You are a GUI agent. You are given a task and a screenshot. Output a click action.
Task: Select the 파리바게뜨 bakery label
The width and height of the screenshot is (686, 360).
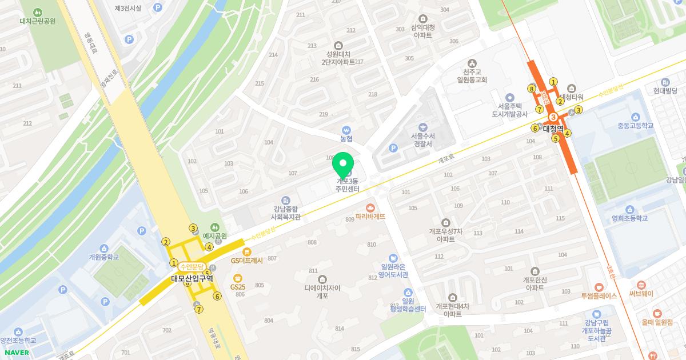[370, 217]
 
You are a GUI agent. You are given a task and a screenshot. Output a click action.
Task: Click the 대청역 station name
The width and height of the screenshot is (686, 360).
[553, 128]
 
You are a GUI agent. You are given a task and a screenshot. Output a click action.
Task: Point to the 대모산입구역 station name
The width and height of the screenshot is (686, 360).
[192, 279]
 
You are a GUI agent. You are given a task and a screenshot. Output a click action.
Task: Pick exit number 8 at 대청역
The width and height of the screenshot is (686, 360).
[532, 89]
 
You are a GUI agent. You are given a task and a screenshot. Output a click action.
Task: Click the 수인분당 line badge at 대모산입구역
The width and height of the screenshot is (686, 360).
[192, 266]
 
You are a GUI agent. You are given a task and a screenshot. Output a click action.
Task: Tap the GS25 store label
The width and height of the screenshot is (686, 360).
[238, 287]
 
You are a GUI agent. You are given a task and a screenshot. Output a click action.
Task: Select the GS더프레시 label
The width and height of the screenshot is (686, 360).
[246, 260]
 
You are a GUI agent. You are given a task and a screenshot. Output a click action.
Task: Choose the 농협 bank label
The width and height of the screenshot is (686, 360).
[346, 138]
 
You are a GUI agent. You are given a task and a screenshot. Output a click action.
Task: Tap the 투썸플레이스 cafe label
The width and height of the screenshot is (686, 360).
[599, 296]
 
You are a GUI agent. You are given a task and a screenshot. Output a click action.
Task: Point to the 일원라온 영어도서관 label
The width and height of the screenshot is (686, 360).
[394, 270]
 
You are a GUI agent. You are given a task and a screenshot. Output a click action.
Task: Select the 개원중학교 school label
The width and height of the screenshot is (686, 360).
[104, 257]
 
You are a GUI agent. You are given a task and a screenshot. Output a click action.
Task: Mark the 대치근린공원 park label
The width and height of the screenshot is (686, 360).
[37, 21]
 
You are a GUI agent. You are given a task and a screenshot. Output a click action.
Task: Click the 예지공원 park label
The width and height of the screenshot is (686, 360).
[215, 235]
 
